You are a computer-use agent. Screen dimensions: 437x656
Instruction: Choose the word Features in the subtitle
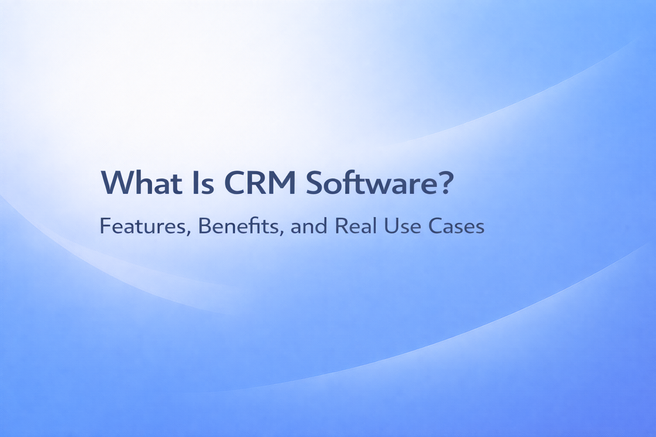[142, 226]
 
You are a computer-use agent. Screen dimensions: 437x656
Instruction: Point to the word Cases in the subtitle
[456, 226]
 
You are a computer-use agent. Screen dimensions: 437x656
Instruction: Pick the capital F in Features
[104, 226]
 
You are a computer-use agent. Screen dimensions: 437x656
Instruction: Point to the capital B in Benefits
[205, 226]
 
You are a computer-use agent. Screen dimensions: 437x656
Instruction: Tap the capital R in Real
[341, 226]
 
